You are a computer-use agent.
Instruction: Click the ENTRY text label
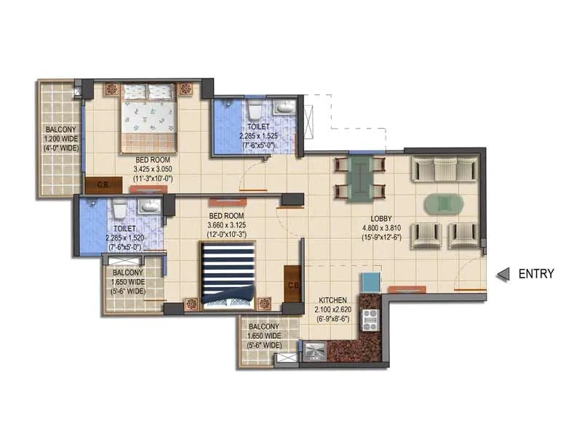(536, 274)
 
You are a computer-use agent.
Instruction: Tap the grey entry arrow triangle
(501, 275)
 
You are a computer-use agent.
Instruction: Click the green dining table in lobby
(360, 178)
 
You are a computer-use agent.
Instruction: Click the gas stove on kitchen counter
(371, 318)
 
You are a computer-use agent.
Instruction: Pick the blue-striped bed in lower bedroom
(228, 272)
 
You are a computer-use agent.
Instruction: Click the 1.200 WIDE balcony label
(57, 140)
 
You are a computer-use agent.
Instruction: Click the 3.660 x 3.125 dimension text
(228, 225)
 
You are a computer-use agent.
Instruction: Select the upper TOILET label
(258, 126)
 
